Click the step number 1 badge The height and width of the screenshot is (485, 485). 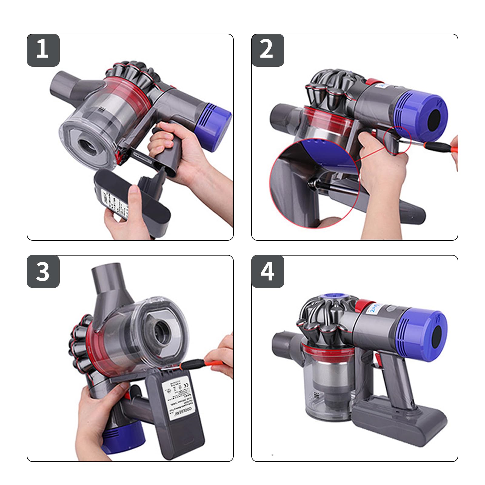43,50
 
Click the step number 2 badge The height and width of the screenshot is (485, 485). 267,50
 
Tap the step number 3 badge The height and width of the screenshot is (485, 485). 43,271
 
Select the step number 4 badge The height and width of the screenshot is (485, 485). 267,271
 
